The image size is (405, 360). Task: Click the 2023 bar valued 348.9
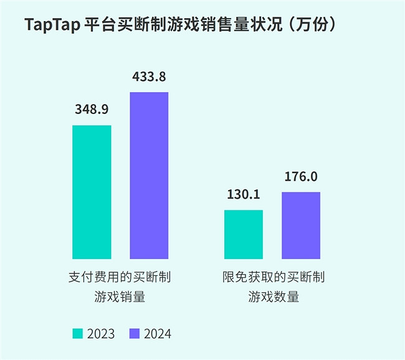(x=92, y=192)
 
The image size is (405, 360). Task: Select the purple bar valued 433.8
(x=149, y=175)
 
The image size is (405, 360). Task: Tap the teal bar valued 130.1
(x=243, y=234)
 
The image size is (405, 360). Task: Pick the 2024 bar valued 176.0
(x=301, y=225)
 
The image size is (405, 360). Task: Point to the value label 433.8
(x=149, y=77)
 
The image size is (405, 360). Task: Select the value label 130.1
(x=243, y=194)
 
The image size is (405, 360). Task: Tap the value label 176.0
(x=301, y=177)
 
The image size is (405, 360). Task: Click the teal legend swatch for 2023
(x=78, y=334)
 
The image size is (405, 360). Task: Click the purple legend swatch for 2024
(x=134, y=334)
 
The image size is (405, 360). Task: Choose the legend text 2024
(x=157, y=334)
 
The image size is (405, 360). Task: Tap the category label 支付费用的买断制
(x=120, y=277)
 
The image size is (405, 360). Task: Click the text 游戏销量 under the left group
(x=120, y=296)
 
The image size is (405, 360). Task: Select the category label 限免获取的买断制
(x=273, y=277)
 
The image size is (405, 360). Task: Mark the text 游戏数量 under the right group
(x=273, y=296)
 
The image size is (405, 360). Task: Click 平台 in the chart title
(x=99, y=26)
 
